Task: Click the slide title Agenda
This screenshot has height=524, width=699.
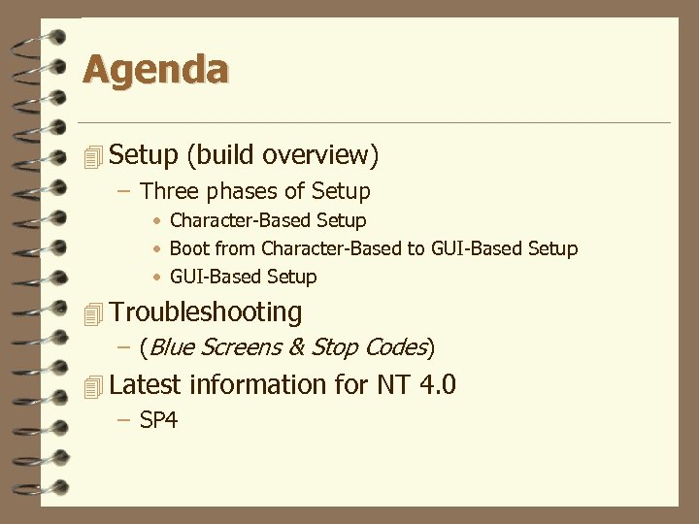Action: click(155, 70)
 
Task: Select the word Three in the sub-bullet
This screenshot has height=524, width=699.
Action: click(169, 191)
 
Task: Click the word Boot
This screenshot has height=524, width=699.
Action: click(190, 248)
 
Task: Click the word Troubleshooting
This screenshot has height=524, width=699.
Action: click(206, 312)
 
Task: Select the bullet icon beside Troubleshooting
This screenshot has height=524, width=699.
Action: click(92, 313)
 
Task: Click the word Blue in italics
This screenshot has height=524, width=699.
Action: click(173, 347)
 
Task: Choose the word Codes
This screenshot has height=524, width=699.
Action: click(395, 347)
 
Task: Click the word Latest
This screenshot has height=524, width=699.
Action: click(146, 385)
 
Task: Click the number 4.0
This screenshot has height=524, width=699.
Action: click(435, 385)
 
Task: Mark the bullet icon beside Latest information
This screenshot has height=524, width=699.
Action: click(92, 386)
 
